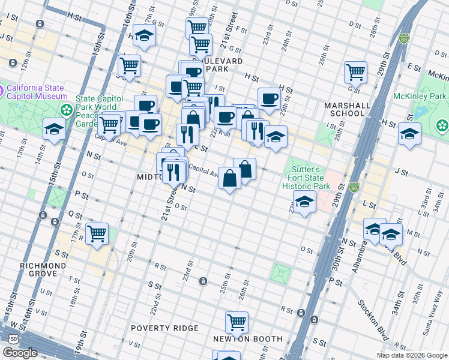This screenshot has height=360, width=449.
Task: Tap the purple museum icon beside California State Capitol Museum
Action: [2, 91]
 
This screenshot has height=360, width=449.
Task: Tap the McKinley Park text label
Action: [420, 96]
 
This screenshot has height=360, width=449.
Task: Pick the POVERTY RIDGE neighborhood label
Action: [164, 328]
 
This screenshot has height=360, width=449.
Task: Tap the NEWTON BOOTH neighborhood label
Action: [247, 339]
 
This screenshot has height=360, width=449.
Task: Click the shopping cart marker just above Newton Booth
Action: [237, 322]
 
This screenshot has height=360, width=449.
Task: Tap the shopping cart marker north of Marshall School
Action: [355, 72]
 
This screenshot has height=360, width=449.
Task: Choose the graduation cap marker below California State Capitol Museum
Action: [54, 128]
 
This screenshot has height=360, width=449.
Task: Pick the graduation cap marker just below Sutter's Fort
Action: [304, 202]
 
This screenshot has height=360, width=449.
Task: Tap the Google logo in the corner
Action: [20, 353]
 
